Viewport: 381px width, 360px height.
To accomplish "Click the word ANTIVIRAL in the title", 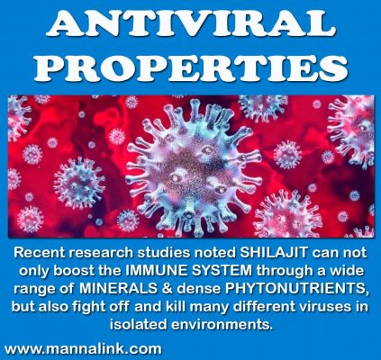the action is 191,24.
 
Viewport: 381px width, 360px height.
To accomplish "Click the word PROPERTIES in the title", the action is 191,67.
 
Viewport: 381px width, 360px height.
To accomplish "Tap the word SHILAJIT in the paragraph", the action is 274,253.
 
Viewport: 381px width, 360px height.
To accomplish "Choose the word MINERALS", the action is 118,289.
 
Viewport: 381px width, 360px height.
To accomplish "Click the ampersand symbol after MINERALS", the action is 167,289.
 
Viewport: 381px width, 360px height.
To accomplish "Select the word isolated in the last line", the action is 138,325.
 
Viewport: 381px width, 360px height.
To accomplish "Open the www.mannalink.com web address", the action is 83,349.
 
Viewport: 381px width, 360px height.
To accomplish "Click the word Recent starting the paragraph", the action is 40,253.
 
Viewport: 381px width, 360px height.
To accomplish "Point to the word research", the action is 101,253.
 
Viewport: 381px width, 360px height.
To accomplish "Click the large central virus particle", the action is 192,169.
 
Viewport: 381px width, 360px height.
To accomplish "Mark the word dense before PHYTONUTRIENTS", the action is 199,289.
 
